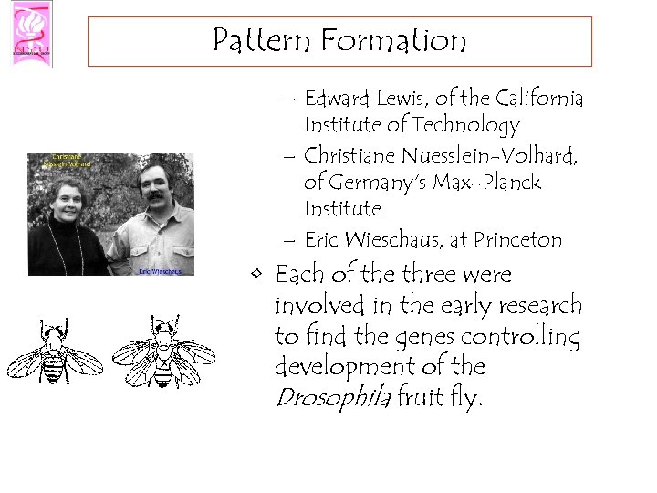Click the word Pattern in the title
[x=258, y=41]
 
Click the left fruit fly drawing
[x=53, y=351]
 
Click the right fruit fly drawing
[x=163, y=351]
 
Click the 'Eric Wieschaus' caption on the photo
[x=160, y=271]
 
